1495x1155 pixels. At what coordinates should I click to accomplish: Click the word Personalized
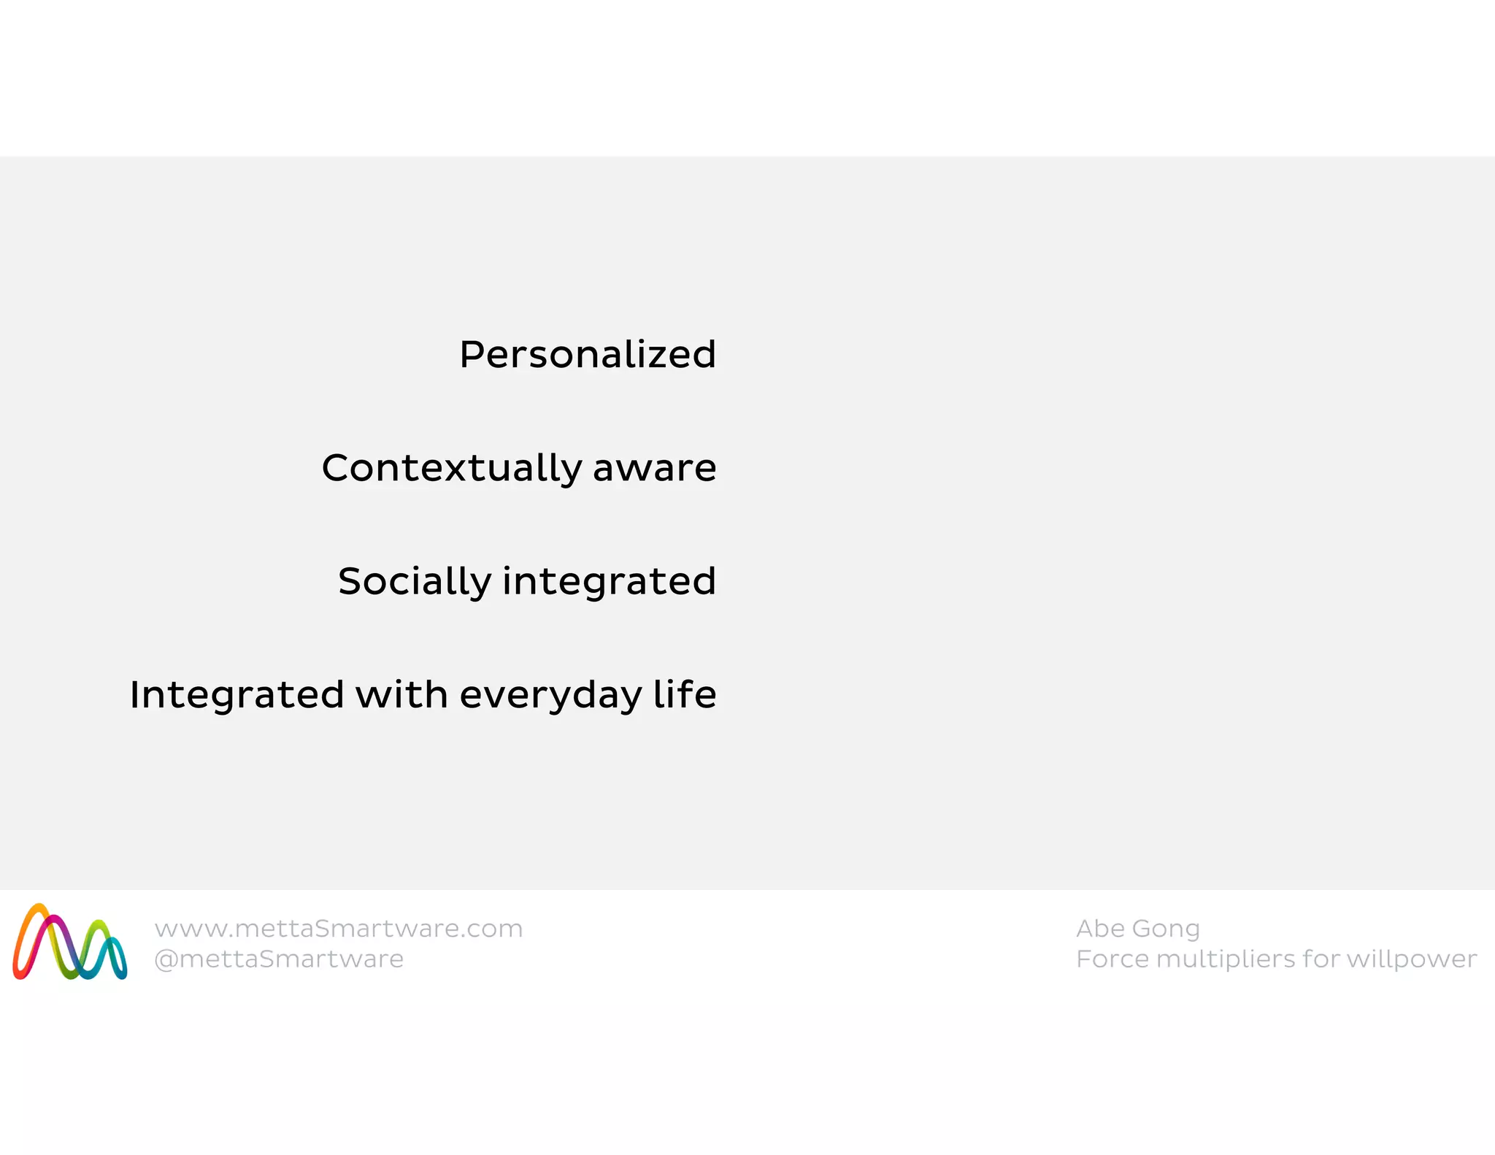point(588,355)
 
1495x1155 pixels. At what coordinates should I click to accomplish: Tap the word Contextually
point(451,469)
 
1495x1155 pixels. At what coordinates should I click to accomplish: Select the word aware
point(655,468)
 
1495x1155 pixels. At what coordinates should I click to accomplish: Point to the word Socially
point(415,582)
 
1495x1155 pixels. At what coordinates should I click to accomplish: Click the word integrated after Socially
point(609,582)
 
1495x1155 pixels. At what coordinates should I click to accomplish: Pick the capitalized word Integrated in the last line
point(237,694)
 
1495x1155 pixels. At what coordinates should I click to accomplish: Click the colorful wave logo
point(70,942)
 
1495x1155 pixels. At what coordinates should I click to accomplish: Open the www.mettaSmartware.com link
point(339,929)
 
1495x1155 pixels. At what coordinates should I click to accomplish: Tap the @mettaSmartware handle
point(279,959)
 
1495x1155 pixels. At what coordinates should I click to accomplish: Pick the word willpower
point(1411,959)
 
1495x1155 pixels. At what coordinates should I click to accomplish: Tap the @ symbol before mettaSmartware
point(166,959)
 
